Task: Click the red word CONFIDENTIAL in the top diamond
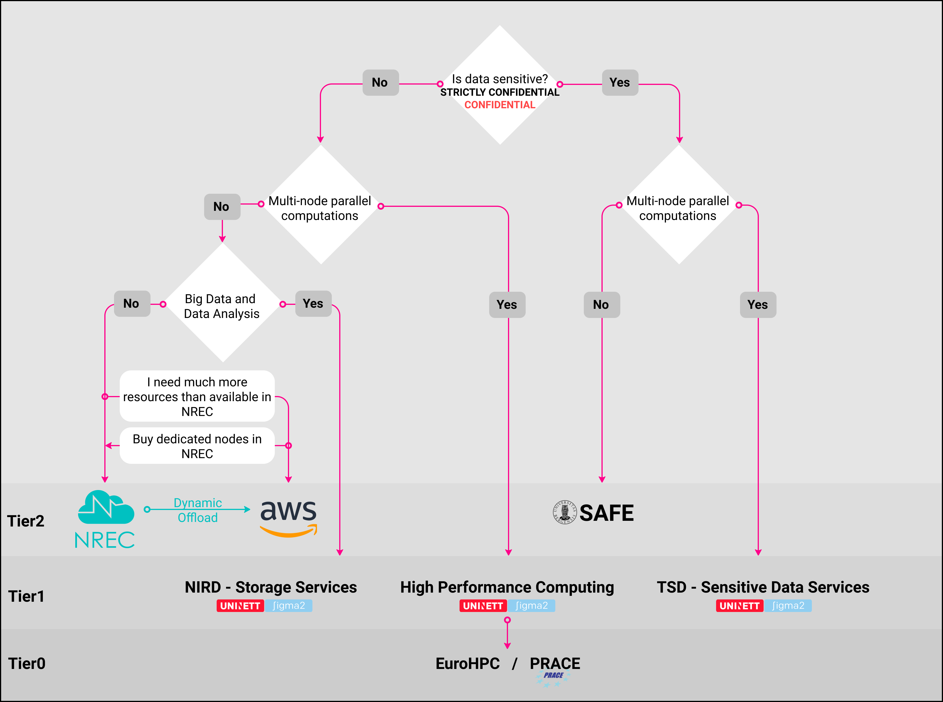[x=499, y=105]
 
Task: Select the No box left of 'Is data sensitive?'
[x=380, y=82]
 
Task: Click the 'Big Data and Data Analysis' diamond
[x=222, y=306]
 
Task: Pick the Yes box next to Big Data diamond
[x=313, y=303]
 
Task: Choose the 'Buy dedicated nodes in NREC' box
[x=197, y=446]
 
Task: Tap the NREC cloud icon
[x=106, y=507]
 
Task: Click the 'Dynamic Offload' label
[x=198, y=510]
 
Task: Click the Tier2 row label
[x=26, y=521]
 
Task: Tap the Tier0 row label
[x=27, y=663]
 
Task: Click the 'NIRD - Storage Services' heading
[x=271, y=587]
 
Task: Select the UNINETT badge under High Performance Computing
[x=483, y=606]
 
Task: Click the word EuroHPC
[x=467, y=663]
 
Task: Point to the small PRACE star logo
[x=553, y=678]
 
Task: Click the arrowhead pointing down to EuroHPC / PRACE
[x=507, y=646]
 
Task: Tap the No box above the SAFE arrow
[x=601, y=305]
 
